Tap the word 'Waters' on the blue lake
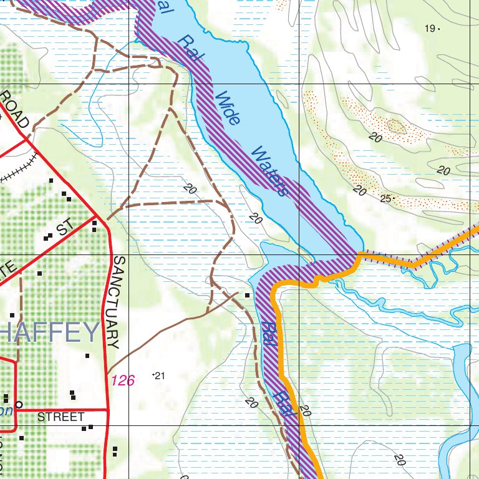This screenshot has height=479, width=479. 270,172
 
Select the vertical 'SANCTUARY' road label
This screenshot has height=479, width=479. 115,302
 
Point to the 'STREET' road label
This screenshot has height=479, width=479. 60,417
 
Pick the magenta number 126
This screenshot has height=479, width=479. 123,380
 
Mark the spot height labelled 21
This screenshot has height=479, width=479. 159,375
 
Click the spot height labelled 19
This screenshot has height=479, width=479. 431,28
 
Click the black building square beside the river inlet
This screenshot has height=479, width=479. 248,295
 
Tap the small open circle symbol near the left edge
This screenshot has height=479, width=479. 19,404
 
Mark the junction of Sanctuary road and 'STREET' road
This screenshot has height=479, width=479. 108,410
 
